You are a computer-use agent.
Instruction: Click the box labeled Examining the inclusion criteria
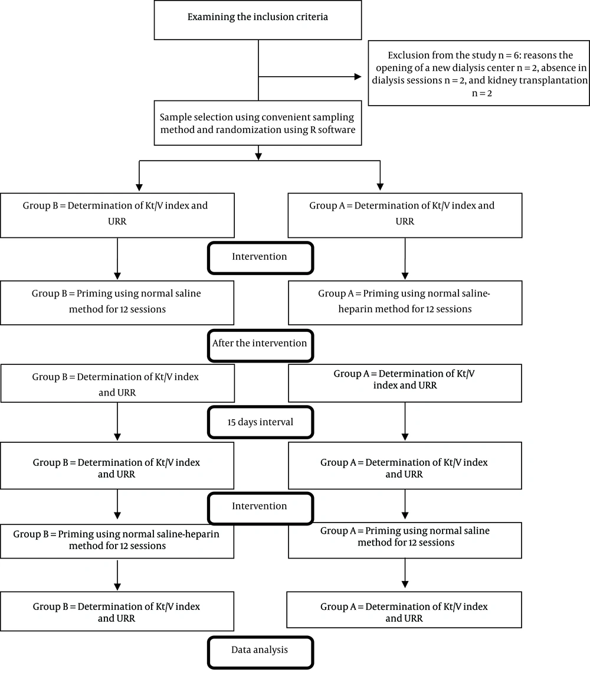click(x=258, y=20)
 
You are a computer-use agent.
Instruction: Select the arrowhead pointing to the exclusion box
click(x=358, y=77)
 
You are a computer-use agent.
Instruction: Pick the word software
click(x=337, y=130)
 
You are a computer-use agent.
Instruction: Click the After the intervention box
click(x=260, y=345)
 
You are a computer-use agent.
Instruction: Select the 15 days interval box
click(x=260, y=422)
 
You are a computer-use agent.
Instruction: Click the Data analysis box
click(x=260, y=652)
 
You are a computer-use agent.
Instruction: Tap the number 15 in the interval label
click(x=232, y=422)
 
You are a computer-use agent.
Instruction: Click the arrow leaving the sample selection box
click(x=258, y=153)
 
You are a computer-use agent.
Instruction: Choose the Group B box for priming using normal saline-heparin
click(x=117, y=540)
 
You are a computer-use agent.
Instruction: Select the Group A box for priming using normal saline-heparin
click(x=405, y=303)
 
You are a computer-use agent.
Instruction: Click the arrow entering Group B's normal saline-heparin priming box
click(x=117, y=504)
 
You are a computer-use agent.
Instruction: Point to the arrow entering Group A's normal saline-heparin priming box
click(x=405, y=259)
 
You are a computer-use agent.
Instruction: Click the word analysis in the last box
click(x=272, y=650)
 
